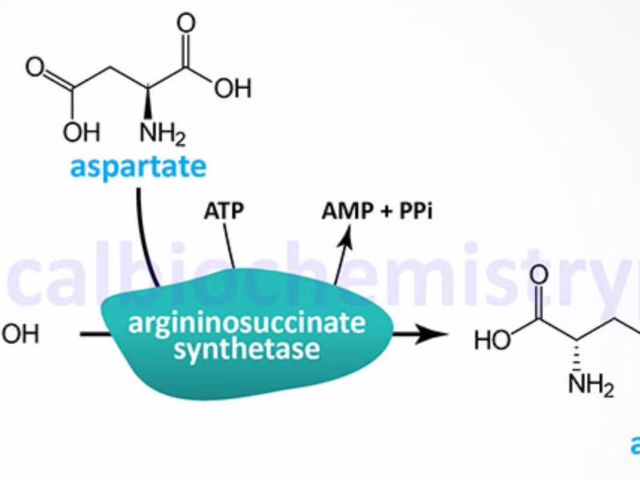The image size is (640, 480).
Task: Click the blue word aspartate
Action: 137,167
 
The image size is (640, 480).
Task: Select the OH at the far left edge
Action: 19,333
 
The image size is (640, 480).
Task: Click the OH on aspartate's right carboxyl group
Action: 233,88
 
